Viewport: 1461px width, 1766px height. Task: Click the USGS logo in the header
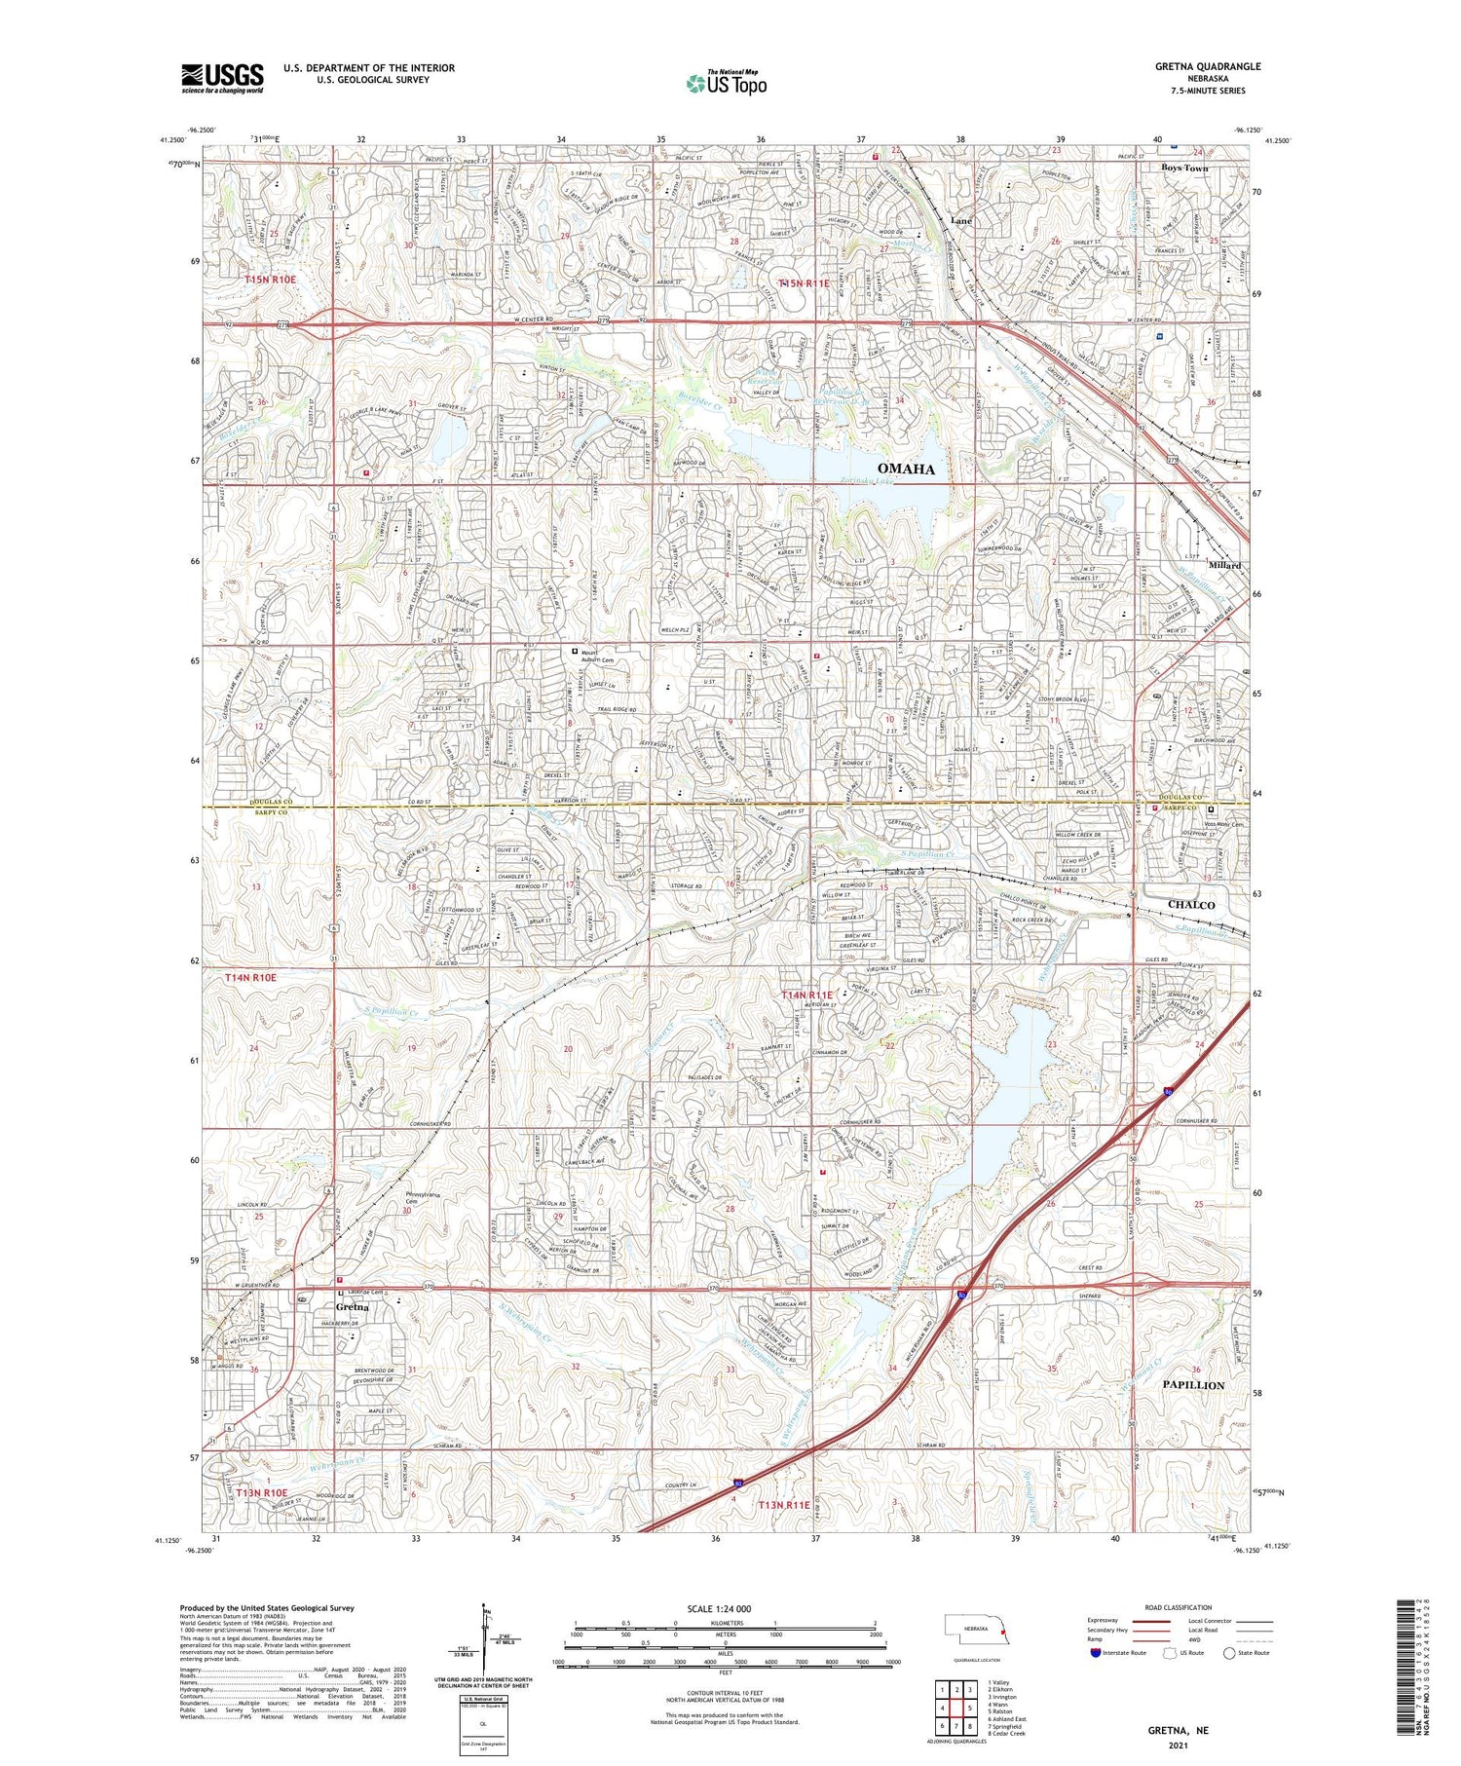pos(222,78)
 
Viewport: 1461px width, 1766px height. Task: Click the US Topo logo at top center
pos(726,84)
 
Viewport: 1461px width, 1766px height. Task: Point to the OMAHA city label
pos(906,470)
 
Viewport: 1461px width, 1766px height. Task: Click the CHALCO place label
pos(1191,905)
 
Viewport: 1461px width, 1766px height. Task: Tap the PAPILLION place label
pos(1193,1385)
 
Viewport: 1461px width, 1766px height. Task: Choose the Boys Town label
pos(1184,169)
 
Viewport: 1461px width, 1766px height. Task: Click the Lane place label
pos(960,221)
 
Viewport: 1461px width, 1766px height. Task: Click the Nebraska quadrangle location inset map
pos(977,1628)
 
